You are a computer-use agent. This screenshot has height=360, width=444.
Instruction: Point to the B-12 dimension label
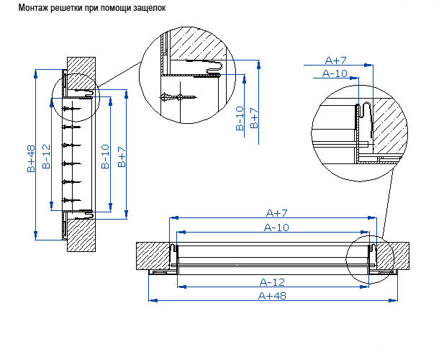pos(46,156)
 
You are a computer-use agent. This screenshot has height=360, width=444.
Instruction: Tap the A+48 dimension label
pos(271,296)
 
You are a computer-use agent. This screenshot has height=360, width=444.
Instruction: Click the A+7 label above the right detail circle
pos(337,60)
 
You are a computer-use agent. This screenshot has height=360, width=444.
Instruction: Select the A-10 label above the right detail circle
pos(335,73)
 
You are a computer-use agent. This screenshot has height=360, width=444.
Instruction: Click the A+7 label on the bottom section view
pos(277,213)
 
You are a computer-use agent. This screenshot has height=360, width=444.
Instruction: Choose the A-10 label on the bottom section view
pos(277,228)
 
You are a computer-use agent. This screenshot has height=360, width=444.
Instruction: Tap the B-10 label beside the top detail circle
pos(240,119)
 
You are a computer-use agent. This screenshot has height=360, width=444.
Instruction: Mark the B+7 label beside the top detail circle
pos(254,117)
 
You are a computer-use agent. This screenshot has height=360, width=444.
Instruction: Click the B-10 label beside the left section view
pos(105,156)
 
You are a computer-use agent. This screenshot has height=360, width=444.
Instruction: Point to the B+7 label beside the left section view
pos(122,157)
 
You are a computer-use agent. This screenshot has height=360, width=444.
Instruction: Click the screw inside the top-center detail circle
pos(178,96)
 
